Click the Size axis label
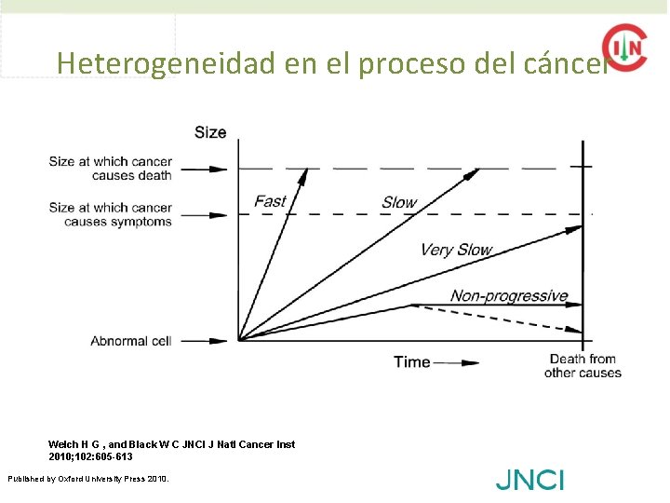coord(210,132)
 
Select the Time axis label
coord(411,361)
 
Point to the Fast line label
coord(270,201)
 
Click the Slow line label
coord(399,202)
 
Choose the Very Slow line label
coord(455,249)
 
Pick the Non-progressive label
coord(509,296)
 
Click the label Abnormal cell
coord(131,341)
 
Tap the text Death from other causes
coord(583,366)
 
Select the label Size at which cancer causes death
coord(111,168)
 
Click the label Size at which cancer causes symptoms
coord(111,214)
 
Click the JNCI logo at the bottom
coord(529,481)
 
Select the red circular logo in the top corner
coord(624,47)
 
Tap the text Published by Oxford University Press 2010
coord(88,479)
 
